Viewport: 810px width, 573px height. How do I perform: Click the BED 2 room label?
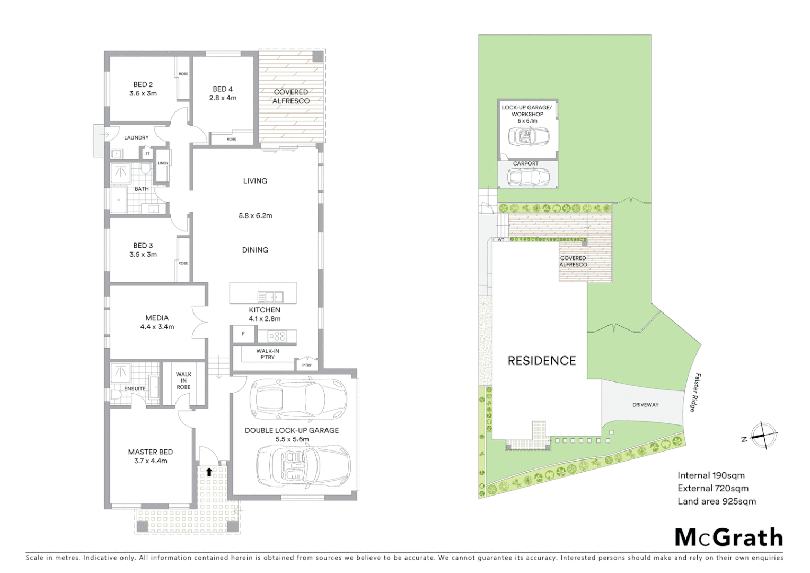point(143,84)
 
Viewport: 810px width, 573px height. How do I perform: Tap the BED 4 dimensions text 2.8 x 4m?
point(223,98)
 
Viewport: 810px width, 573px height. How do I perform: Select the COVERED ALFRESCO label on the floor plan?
point(291,96)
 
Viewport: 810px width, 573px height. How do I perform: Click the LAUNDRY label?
point(136,137)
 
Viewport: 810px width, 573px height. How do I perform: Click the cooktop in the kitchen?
point(277,336)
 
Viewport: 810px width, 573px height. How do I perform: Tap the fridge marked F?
point(243,334)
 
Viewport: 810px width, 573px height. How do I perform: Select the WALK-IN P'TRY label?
point(268,354)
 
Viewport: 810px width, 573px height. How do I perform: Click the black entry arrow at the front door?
point(209,471)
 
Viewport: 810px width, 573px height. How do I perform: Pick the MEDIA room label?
point(157,318)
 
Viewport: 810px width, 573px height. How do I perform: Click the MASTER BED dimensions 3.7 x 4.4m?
point(151,461)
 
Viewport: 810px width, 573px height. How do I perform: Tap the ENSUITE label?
point(135,388)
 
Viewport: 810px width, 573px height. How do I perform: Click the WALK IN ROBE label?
point(183,380)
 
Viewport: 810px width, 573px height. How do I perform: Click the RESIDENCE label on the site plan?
point(541,361)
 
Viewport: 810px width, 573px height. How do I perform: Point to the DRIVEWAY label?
point(645,405)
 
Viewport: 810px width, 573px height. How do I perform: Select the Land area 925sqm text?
point(716,501)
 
